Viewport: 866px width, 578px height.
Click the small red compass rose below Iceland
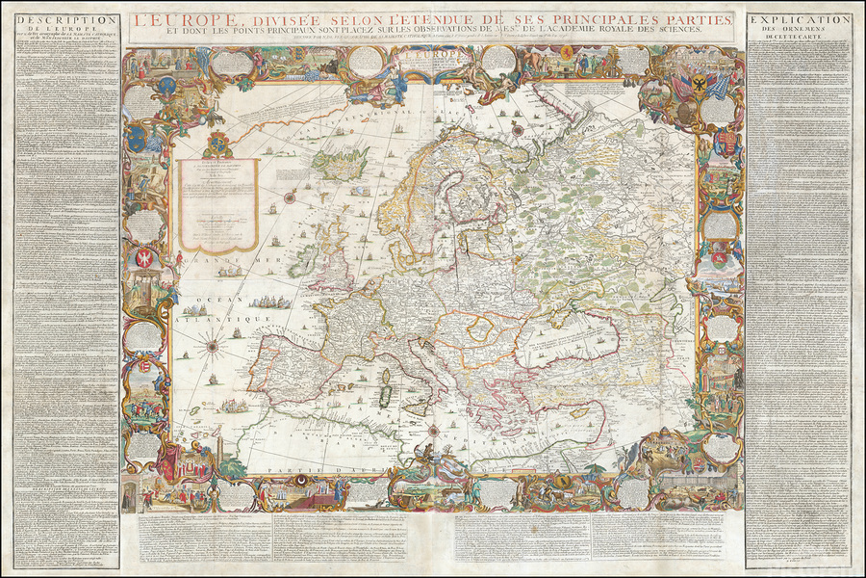tap(288, 197)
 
